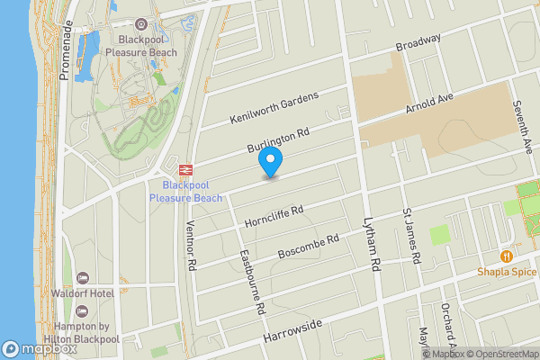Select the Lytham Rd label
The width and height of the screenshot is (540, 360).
[x=370, y=242]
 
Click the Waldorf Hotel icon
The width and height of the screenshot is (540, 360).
[x=83, y=277]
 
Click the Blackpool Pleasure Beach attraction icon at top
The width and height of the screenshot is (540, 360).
[x=140, y=24]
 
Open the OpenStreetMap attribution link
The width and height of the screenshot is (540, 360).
[x=504, y=354]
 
